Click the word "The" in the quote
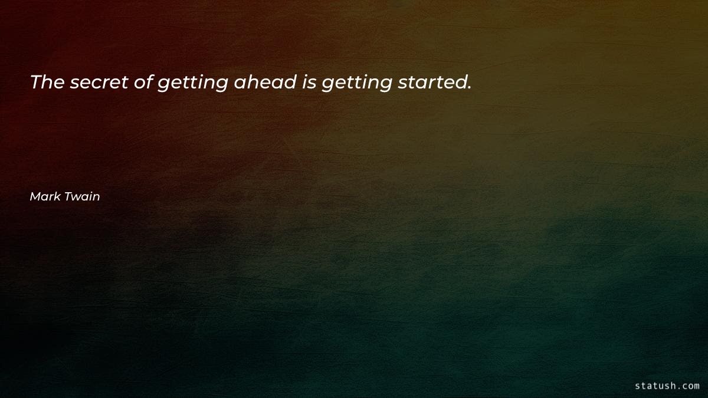click(47, 83)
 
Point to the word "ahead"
click(265, 83)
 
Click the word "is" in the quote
click(309, 83)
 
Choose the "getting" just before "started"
click(356, 84)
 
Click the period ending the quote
click(469, 88)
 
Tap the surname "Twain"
click(82, 197)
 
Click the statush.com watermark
click(667, 386)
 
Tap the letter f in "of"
click(149, 83)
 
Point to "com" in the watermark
click(689, 386)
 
